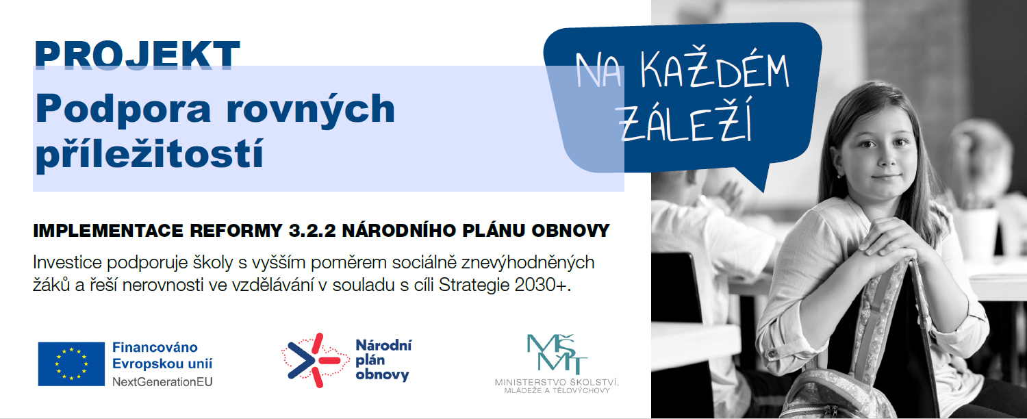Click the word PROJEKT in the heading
[x=137, y=55]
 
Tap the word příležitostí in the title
[x=149, y=155]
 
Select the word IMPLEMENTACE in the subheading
[x=108, y=231]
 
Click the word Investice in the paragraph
[x=67, y=262]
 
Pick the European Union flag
[x=71, y=364]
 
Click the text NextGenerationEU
[x=162, y=382]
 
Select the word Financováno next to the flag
[x=155, y=347]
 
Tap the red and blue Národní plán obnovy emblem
[x=315, y=360]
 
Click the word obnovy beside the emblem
[x=382, y=375]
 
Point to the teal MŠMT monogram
[x=557, y=354]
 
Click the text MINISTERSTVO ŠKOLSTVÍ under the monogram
[x=557, y=382]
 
